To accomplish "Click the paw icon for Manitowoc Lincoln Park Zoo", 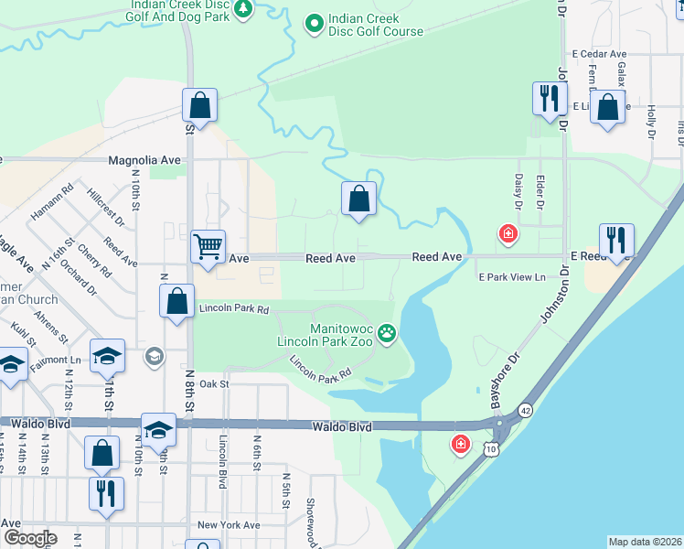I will [x=389, y=334].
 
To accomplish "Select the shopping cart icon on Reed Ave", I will [x=208, y=245].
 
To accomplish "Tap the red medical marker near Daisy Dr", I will [x=507, y=235].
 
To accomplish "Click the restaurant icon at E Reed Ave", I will [x=615, y=241].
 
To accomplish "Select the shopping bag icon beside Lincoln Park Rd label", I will [x=176, y=301].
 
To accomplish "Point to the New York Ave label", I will [x=229, y=525].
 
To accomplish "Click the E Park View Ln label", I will [x=511, y=276].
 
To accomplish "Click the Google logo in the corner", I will [x=30, y=538].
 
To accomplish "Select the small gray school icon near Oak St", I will [x=155, y=356].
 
